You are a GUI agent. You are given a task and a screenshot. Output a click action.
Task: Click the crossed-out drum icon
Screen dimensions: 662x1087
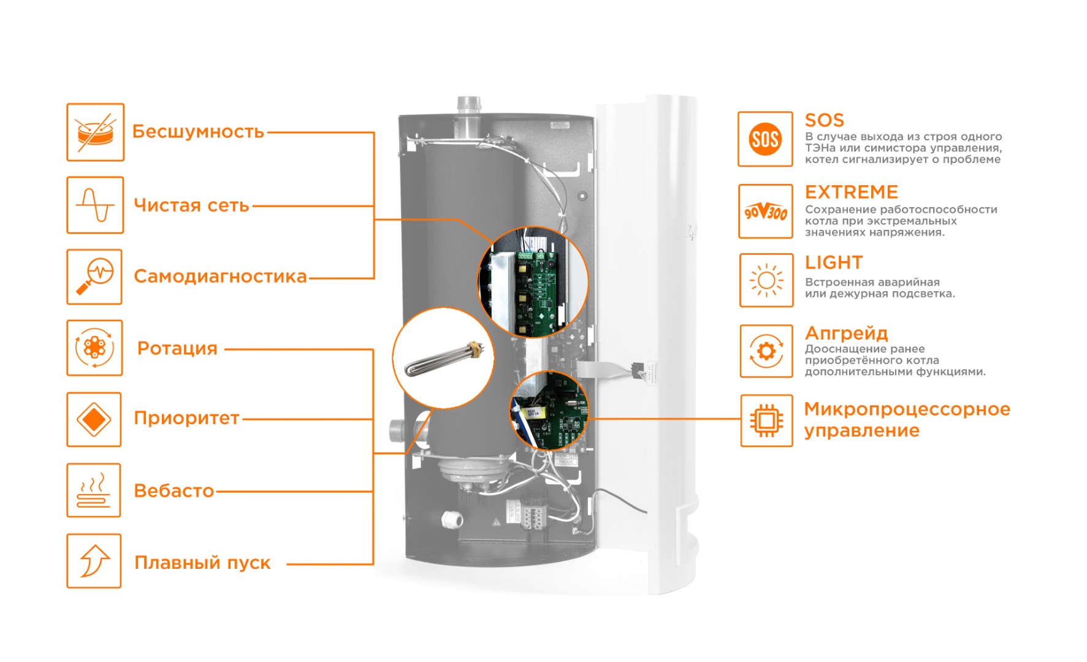pyautogui.click(x=95, y=132)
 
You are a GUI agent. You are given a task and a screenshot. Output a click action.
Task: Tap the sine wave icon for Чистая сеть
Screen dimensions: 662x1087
pyautogui.click(x=95, y=205)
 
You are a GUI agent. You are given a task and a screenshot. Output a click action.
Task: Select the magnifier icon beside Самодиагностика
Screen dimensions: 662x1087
pyautogui.click(x=94, y=276)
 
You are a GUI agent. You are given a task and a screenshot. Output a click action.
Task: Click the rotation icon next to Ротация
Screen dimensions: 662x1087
pyautogui.click(x=94, y=348)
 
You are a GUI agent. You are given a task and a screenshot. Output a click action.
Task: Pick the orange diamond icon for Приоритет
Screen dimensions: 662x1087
pyautogui.click(x=94, y=420)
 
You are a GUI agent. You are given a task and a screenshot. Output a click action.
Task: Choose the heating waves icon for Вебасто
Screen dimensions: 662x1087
pyautogui.click(x=94, y=490)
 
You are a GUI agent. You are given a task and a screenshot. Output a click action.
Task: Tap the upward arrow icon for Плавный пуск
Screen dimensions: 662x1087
pyautogui.click(x=94, y=561)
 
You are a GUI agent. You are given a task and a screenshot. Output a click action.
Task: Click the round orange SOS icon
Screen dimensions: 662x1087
pyautogui.click(x=765, y=139)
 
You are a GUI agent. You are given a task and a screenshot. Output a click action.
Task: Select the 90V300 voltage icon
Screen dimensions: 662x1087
pyautogui.click(x=766, y=211)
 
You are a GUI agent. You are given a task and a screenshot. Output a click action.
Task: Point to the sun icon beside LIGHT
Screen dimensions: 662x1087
pyautogui.click(x=766, y=281)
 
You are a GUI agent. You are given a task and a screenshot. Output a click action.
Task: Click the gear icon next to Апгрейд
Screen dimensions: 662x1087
pyautogui.click(x=766, y=351)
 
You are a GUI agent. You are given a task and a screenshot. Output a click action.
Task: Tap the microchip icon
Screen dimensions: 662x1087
pyautogui.click(x=766, y=420)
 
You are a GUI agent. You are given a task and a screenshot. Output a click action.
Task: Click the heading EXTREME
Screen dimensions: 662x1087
pyautogui.click(x=851, y=192)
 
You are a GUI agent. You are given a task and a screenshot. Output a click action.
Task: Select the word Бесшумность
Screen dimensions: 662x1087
pyautogui.click(x=198, y=132)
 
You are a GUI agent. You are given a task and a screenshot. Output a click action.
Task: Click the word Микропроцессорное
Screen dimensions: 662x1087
pyautogui.click(x=907, y=409)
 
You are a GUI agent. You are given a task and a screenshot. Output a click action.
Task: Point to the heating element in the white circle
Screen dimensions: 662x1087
pyautogui.click(x=443, y=360)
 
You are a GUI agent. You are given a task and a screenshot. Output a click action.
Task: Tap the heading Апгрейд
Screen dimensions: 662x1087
pyautogui.click(x=846, y=333)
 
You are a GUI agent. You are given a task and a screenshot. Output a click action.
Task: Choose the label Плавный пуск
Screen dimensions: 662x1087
pyautogui.click(x=202, y=563)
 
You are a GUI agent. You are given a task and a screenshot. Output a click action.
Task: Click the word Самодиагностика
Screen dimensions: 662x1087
pyautogui.click(x=220, y=276)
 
